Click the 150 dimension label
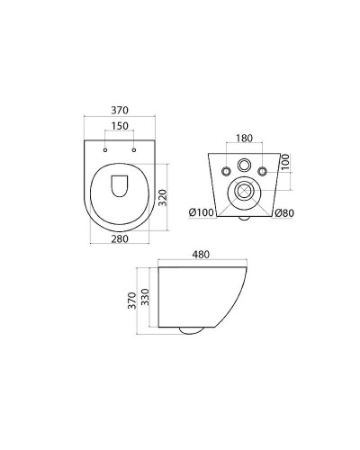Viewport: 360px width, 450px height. coord(120,126)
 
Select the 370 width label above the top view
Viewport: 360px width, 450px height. coord(120,111)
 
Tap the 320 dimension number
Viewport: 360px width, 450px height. coord(162,197)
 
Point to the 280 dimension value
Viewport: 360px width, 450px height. coord(120,238)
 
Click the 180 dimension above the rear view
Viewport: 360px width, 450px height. coord(244,139)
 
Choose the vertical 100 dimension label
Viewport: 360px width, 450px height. coord(285,162)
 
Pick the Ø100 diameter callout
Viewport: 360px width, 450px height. coord(202,212)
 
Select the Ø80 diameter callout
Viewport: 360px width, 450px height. coord(284,212)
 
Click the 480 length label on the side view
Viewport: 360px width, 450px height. coord(201,255)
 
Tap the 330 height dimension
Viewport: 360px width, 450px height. coord(145,297)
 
